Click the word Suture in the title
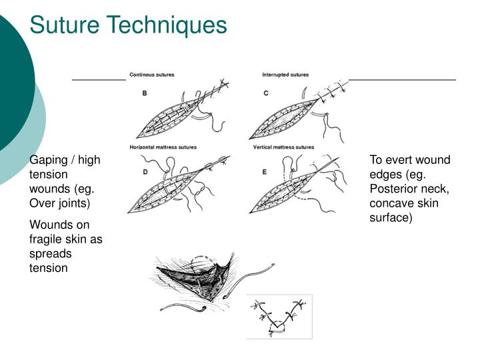pos(65,25)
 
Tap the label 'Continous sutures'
pos(152,75)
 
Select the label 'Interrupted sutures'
pos(285,75)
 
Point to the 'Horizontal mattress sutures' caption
pos(163,147)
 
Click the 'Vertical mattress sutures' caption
pos(283,147)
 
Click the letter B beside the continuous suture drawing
pos(145,93)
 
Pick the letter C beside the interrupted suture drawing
pos(266,93)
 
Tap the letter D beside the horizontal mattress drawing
pos(145,172)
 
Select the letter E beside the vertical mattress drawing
pos(265,172)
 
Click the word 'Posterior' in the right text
pos(394,189)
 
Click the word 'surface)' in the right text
pos(391,217)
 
